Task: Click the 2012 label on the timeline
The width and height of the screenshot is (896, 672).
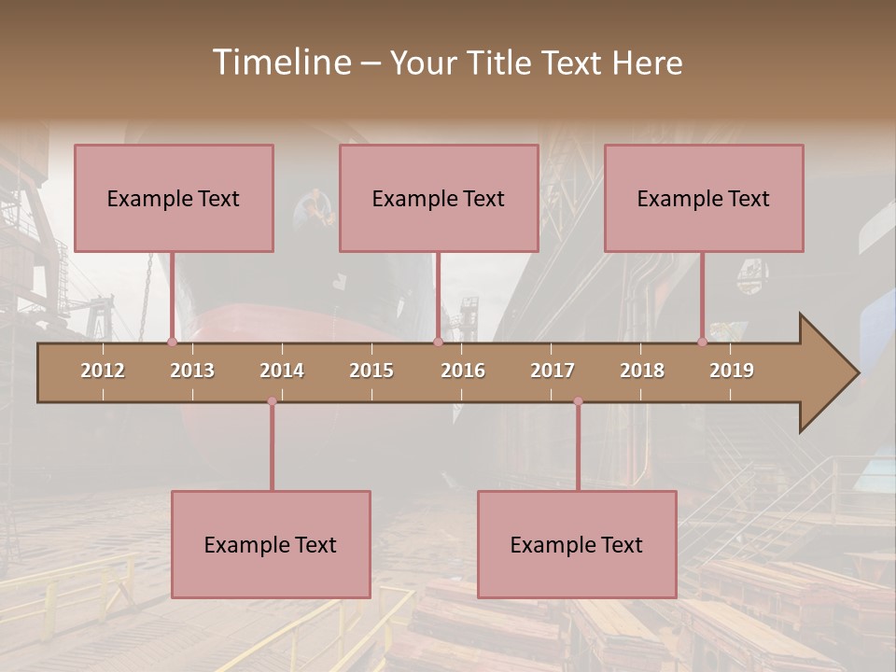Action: click(x=103, y=371)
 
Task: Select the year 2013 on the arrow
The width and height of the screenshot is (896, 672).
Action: click(x=192, y=371)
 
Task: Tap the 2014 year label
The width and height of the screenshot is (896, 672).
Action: click(x=282, y=371)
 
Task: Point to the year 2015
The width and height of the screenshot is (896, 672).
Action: click(x=371, y=371)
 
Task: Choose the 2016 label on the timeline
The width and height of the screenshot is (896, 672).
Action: click(x=463, y=371)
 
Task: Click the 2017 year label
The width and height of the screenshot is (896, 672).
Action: click(x=553, y=371)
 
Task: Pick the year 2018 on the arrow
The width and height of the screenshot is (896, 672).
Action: click(x=642, y=371)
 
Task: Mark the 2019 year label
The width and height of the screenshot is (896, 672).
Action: click(x=732, y=371)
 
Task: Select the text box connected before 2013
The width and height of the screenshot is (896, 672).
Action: click(x=174, y=198)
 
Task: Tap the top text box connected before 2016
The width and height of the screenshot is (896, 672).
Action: click(x=439, y=198)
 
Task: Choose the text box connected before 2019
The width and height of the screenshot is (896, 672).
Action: click(x=704, y=198)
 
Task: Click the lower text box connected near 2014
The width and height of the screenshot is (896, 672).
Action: click(x=271, y=544)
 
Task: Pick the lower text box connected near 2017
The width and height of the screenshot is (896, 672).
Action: click(x=577, y=544)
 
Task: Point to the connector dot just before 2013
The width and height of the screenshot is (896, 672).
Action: click(x=172, y=343)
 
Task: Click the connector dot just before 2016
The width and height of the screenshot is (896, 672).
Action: click(x=438, y=343)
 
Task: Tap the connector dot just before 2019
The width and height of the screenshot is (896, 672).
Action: click(x=703, y=343)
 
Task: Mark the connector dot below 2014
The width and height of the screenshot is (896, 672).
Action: click(x=272, y=401)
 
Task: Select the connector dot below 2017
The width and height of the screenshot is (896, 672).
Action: click(x=578, y=401)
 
